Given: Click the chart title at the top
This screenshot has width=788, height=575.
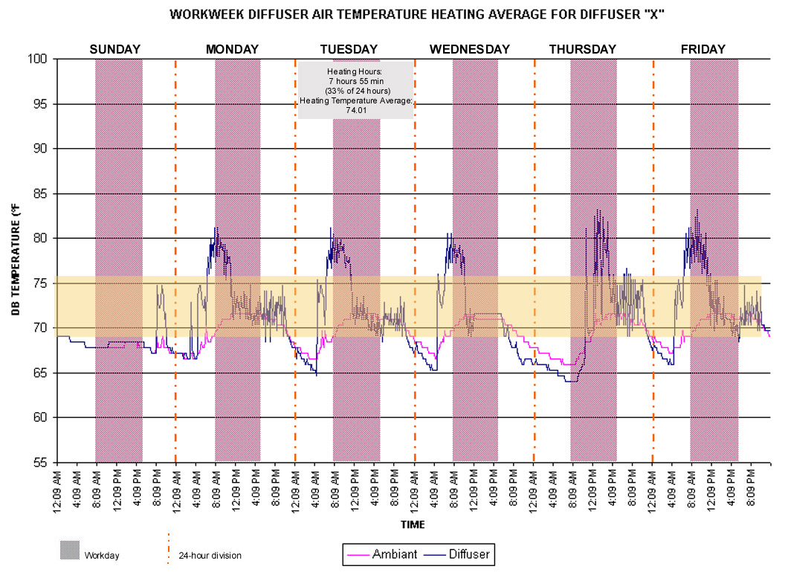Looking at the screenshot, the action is (416, 14).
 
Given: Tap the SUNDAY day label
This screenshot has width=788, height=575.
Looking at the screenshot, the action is (115, 49).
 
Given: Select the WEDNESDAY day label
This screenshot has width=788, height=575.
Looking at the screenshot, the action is (470, 49).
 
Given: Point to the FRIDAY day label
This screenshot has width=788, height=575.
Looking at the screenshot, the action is (703, 49).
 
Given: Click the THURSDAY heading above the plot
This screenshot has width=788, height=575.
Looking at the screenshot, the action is (583, 49).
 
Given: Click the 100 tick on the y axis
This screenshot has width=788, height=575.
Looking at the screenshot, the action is (36, 59).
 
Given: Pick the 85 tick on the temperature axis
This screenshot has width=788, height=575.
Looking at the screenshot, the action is (39, 193).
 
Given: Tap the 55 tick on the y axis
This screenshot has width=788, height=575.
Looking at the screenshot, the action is (39, 463).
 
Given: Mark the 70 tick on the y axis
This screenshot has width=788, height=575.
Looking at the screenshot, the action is (39, 328).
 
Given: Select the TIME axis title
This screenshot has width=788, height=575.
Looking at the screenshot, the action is (413, 524).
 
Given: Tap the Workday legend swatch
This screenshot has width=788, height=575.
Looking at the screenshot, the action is (70, 550).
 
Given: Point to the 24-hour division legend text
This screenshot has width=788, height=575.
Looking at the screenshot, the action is (210, 556).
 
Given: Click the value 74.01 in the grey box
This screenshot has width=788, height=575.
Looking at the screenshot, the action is (356, 110).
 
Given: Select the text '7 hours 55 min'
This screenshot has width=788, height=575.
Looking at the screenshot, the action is (356, 81).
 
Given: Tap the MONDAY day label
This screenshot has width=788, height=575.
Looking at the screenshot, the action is (232, 49).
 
